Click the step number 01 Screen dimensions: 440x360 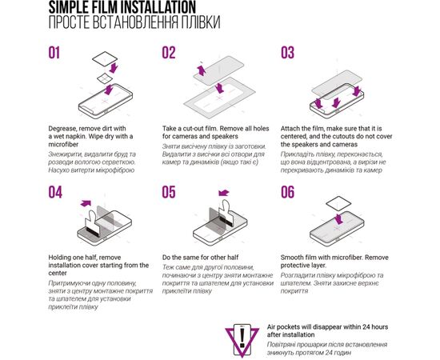(x=54, y=53)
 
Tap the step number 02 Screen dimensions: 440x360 (x=169, y=53)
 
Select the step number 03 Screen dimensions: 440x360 (x=288, y=53)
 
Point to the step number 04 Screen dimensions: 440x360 (x=55, y=192)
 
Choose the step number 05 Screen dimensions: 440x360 (x=169, y=192)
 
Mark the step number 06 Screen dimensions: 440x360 (x=288, y=192)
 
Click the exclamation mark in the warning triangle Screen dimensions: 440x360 (x=242, y=338)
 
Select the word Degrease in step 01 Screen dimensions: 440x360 (x=62, y=129)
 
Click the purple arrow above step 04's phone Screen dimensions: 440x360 (x=86, y=203)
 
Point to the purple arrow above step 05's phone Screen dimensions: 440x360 (x=224, y=193)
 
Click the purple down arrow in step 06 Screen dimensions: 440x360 (x=339, y=218)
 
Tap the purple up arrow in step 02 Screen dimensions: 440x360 (x=201, y=70)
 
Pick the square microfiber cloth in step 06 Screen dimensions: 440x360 (x=338, y=203)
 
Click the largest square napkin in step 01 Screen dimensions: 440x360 (x=105, y=59)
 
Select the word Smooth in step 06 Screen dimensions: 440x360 (x=291, y=258)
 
